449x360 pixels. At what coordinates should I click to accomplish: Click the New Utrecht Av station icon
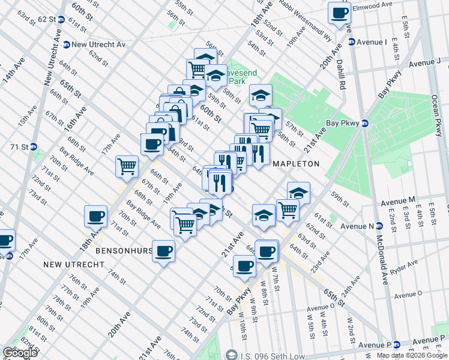click(66, 44)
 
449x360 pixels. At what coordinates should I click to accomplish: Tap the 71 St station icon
click(34, 146)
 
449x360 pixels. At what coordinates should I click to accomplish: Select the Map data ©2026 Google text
click(412, 355)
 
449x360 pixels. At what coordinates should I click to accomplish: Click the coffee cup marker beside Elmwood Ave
click(340, 13)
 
